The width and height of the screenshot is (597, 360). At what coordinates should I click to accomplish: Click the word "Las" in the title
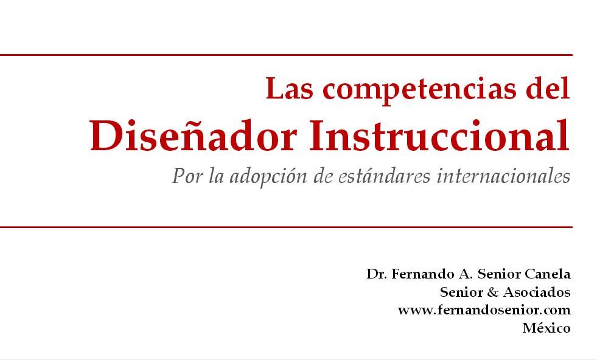pyautogui.click(x=289, y=88)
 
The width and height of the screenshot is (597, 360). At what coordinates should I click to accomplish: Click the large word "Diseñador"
pyautogui.click(x=193, y=136)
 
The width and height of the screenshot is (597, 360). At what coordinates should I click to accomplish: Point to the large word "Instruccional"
pyautogui.click(x=439, y=136)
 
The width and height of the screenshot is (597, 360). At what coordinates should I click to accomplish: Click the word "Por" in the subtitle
pyautogui.click(x=187, y=176)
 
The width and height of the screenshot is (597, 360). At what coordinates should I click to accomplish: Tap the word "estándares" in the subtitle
pyautogui.click(x=384, y=176)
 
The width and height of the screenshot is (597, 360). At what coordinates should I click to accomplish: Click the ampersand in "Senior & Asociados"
pyautogui.click(x=492, y=292)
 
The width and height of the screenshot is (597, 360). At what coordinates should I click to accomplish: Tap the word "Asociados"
pyautogui.click(x=537, y=292)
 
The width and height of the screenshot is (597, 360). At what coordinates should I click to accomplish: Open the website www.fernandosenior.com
pyautogui.click(x=484, y=310)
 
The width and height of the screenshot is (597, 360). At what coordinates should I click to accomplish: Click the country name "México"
pyautogui.click(x=546, y=328)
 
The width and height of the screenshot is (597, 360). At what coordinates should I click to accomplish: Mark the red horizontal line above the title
pyautogui.click(x=286, y=55)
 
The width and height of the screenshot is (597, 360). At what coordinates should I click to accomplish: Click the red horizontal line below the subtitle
pyautogui.click(x=286, y=227)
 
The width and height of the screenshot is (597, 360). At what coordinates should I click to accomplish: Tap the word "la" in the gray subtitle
pyautogui.click(x=216, y=176)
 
